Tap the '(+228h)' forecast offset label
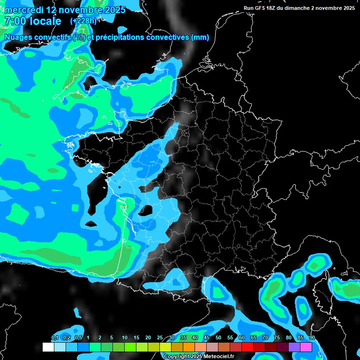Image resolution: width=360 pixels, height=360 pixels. coord(84,21)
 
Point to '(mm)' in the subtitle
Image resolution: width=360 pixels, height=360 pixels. coord(200,37)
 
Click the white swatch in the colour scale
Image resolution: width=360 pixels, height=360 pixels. coord(48,347)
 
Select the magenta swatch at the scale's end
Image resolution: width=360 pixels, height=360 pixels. coord(306,347)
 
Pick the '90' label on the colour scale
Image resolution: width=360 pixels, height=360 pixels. coord(312,338)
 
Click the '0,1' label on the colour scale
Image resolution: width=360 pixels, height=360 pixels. coord(54,338)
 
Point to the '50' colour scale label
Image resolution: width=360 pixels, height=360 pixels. coord(218,338)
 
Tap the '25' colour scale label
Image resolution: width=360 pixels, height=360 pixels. coord(160,338)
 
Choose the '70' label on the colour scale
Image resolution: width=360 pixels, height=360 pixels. coord(265,338)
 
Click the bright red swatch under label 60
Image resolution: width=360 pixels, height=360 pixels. coord(247,347)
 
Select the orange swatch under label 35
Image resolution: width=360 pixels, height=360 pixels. coord(189,347)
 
